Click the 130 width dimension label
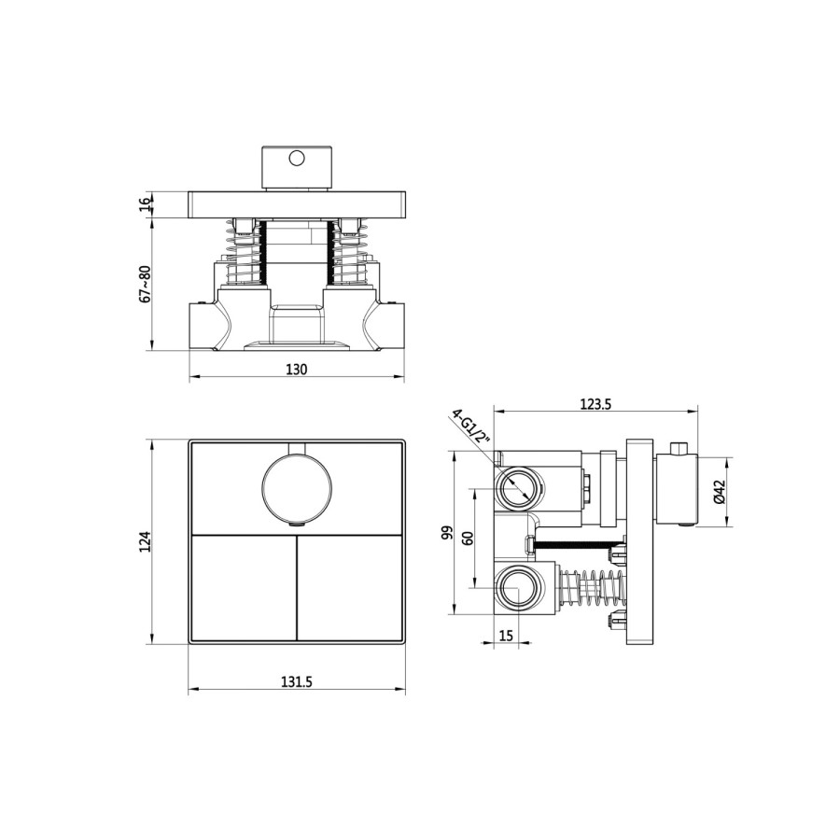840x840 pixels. [x=296, y=369]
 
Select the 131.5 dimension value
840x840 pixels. [x=296, y=682]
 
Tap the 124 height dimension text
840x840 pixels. [x=144, y=541]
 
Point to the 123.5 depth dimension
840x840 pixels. [x=595, y=403]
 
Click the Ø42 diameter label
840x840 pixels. [x=719, y=492]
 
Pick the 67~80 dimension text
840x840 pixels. [x=144, y=285]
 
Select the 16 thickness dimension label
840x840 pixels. [x=144, y=204]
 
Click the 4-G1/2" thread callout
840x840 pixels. [x=472, y=430]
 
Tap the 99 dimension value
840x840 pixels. [x=447, y=533]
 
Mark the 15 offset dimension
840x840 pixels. [x=507, y=636]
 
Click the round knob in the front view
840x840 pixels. [x=297, y=488]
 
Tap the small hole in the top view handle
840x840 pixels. [x=297, y=159]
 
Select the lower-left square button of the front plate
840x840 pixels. [x=243, y=588]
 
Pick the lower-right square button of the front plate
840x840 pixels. [x=350, y=588]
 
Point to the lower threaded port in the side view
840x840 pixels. [x=516, y=590]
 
